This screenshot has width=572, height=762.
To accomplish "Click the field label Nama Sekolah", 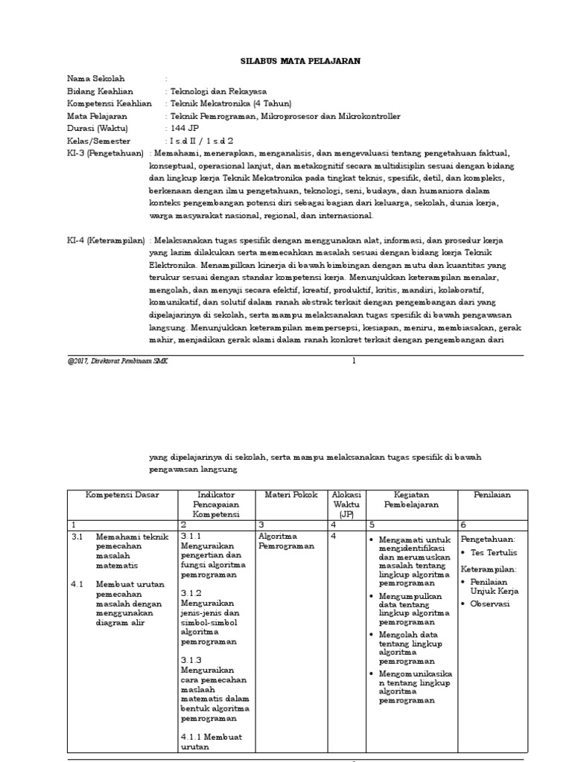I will tap(96, 78).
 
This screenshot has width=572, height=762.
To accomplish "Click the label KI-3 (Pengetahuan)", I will tap(105, 153).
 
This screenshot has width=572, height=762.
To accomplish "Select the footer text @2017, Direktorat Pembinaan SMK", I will tap(117, 361).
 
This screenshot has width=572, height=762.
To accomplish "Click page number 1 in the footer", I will tap(354, 361).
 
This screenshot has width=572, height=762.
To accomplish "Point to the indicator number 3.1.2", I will tap(191, 592).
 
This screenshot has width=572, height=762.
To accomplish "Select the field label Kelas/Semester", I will tap(98, 141).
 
